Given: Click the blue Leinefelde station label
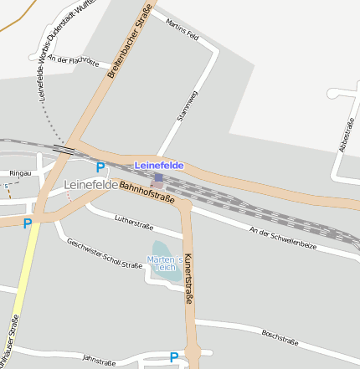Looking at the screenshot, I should (x=159, y=166).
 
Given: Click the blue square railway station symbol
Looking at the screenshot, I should (x=158, y=177).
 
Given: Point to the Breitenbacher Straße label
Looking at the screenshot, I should (x=130, y=42).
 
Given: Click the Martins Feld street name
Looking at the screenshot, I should (x=183, y=31).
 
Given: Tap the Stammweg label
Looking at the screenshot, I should (x=188, y=106).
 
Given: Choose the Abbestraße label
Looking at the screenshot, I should (x=344, y=134).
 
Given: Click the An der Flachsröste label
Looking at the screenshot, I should (x=74, y=60).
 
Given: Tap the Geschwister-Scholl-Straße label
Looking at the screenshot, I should (x=105, y=254).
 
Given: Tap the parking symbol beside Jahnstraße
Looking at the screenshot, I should (x=174, y=357).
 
